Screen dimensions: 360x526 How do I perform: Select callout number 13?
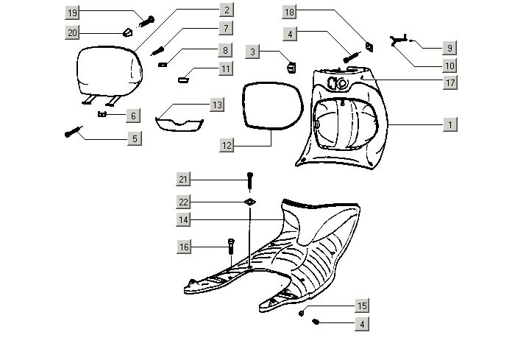tap(216, 105)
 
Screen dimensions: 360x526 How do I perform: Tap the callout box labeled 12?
tap(227, 146)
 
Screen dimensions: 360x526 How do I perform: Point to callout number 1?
tap(448, 125)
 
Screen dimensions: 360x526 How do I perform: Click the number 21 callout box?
tap(184, 180)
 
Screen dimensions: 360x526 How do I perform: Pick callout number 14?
tap(184, 219)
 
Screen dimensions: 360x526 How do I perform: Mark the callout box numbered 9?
tap(448, 48)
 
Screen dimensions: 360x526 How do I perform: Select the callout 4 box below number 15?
tap(361, 323)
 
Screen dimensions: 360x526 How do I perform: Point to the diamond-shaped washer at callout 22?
tap(249, 201)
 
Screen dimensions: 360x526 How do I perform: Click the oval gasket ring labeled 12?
tap(273, 107)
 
